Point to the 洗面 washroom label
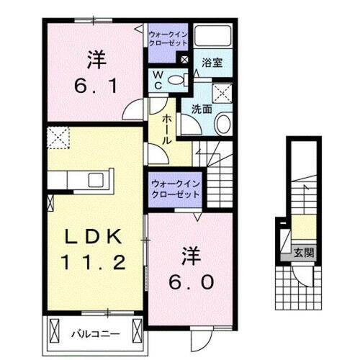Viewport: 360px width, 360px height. tap(202, 109)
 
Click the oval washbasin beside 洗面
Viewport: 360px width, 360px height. tap(222, 123)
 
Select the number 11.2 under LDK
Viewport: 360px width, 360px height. tap(92, 262)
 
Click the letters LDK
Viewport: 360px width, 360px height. tap(92, 237)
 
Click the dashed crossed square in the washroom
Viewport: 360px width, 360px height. tap(224, 91)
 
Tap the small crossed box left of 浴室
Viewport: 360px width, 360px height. tap(185, 61)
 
